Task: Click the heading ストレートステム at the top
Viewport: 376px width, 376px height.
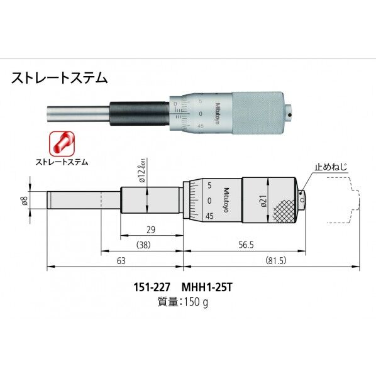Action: [60, 79]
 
